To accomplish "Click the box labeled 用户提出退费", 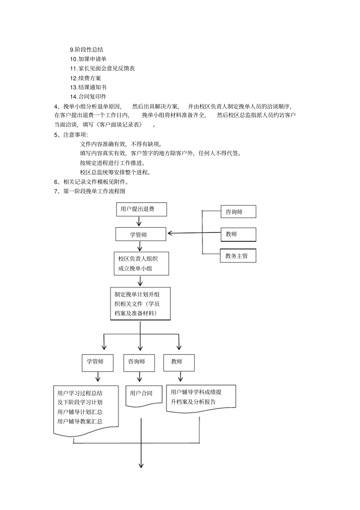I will (x=141, y=209).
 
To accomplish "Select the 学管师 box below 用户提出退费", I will (x=141, y=234).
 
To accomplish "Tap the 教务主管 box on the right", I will (x=238, y=256).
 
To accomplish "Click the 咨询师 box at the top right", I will (x=238, y=212).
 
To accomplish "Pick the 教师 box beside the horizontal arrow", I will (x=238, y=234).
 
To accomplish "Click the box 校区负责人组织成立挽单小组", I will (x=141, y=264).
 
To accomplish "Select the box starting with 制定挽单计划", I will (x=140, y=304).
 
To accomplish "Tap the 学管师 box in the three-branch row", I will (x=97, y=362).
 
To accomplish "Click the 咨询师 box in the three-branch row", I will (x=139, y=362).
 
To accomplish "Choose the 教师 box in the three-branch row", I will (x=179, y=362).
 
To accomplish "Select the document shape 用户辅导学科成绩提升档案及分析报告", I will (x=201, y=398).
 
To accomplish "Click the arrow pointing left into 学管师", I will (x=193, y=233).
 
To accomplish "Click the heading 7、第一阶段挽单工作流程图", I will (x=90, y=191).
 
